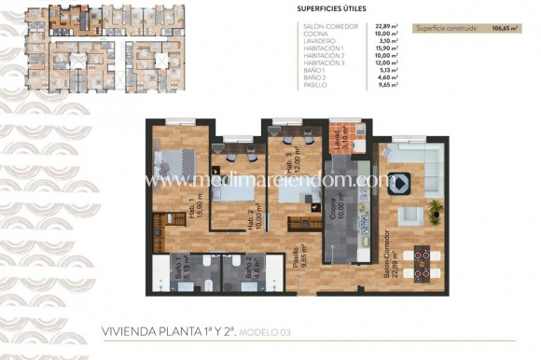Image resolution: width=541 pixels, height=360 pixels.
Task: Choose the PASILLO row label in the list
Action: click(314, 86)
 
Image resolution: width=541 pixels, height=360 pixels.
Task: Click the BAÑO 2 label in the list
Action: click(313, 78)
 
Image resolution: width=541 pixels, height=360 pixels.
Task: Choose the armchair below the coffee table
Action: click(410, 215)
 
